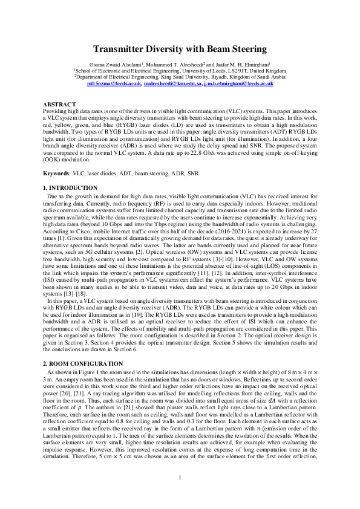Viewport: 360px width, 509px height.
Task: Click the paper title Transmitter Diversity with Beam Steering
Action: coord(180,49)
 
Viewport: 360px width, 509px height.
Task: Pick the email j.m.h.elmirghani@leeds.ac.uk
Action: coord(238,84)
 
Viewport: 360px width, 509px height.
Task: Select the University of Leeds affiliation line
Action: coord(180,71)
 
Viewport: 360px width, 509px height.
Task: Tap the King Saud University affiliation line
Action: coord(180,77)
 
